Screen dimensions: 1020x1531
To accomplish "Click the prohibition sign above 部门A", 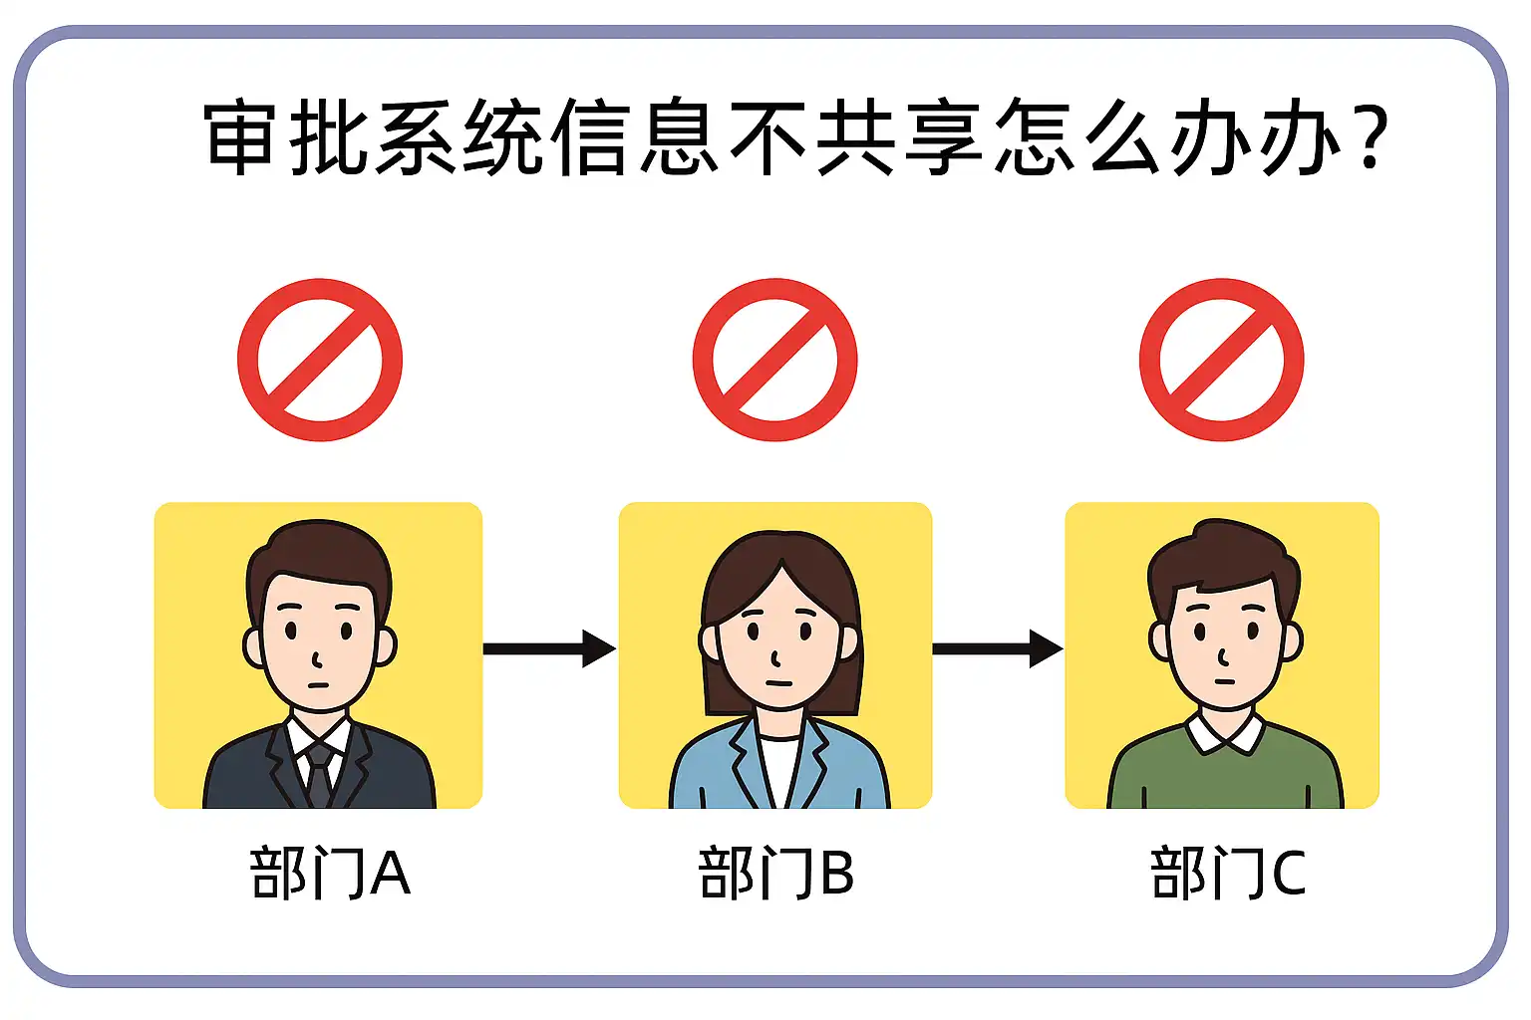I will point(320,360).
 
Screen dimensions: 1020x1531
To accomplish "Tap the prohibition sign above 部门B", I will point(774,360).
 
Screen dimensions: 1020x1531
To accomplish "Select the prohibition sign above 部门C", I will point(1221,360).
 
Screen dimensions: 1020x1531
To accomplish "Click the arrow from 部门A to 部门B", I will point(549,648).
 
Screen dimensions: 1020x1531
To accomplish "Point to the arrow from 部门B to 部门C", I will point(997,648).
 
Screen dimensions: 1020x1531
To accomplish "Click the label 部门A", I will point(330,874).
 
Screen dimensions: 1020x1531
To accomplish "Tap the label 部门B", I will point(776,874).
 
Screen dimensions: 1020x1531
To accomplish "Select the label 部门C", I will point(1228,874).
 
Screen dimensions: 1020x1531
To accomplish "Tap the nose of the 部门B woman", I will point(775,656).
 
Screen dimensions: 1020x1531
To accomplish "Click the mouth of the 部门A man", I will point(319,684).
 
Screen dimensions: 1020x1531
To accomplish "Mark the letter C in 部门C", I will point(1288,874).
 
